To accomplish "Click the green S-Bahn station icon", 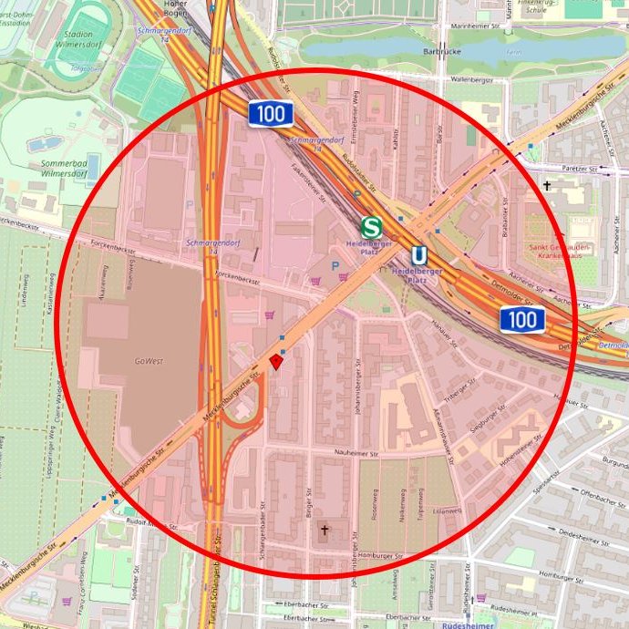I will click(370, 226).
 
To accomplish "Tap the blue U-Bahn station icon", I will click(418, 255).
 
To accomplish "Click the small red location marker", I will click(277, 362).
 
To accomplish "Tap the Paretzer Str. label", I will click(579, 169).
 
